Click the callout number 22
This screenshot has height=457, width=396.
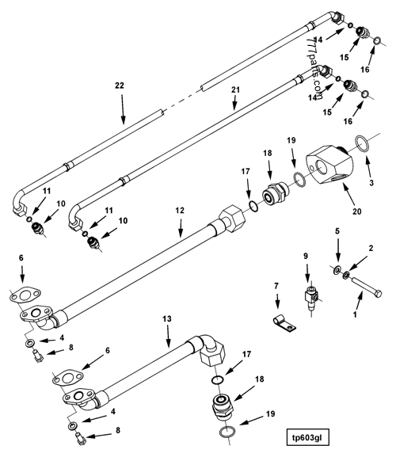[120, 85]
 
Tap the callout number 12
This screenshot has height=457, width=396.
[180, 211]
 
